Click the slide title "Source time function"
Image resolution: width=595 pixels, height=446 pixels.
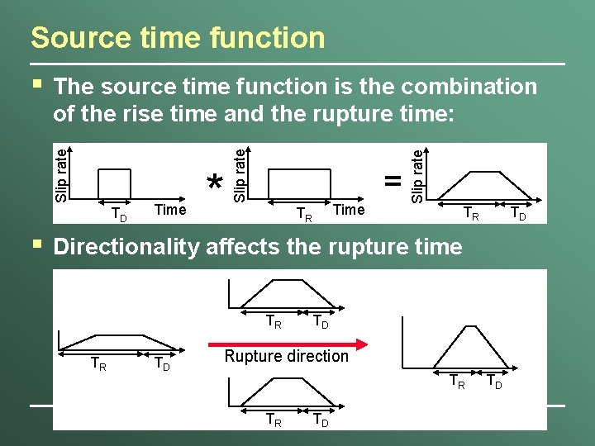coord(178,37)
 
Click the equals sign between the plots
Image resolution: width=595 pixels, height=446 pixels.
coord(393,180)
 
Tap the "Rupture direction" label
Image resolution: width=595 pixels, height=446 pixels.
coord(287,356)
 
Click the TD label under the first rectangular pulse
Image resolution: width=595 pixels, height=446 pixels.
coord(119,216)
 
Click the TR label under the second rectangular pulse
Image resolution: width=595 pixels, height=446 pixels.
coord(304,216)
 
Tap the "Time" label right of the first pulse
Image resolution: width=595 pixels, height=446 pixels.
coord(170,210)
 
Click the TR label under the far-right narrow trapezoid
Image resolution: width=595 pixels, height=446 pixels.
coord(455,382)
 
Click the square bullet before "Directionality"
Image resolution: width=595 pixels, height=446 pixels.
coord(35,244)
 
